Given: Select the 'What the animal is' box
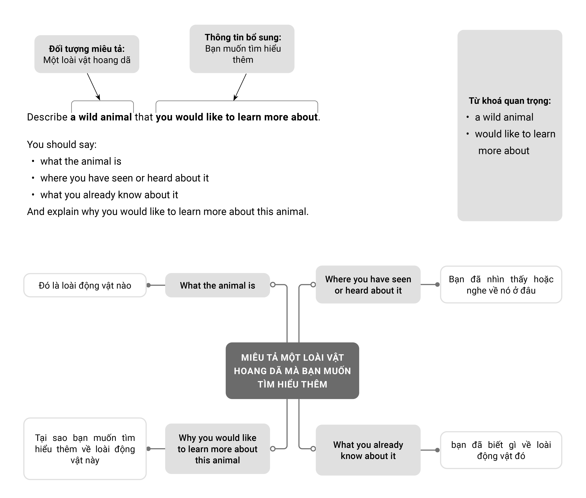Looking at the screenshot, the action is click(217, 285).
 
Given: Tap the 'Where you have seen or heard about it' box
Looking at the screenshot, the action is click(368, 285).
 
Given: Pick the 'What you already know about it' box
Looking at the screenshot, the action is click(368, 450).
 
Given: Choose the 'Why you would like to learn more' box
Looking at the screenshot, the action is click(217, 449).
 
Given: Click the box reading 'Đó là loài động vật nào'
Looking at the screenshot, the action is click(85, 285).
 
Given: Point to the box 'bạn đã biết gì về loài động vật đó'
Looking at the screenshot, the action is click(501, 450).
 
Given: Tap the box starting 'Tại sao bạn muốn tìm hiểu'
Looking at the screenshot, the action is click(85, 449).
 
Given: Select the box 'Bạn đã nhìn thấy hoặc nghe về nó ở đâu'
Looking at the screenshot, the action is click(501, 285).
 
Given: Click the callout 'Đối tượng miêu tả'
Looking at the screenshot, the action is click(87, 54).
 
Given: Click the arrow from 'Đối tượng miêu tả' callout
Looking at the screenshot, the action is click(94, 87).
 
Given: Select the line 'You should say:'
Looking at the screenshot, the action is click(62, 145).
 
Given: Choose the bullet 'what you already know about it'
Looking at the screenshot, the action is click(109, 195).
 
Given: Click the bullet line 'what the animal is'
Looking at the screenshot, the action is click(81, 161).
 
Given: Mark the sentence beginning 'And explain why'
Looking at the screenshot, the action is click(168, 211).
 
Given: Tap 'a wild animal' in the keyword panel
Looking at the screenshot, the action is click(504, 117).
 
